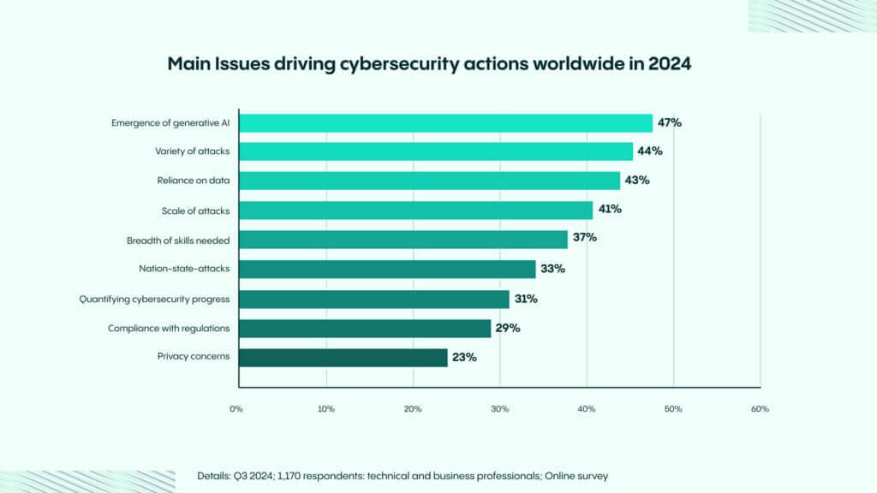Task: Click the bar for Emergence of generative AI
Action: pyautogui.click(x=445, y=123)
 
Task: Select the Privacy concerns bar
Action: pyautogui.click(x=343, y=357)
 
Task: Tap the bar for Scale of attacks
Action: pyautogui.click(x=415, y=211)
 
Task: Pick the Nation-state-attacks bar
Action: pyautogui.click(x=387, y=270)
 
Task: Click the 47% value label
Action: pyautogui.click(x=669, y=122)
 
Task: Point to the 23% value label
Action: pyautogui.click(x=465, y=357)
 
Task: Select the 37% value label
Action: pyautogui.click(x=585, y=237)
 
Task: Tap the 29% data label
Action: pyautogui.click(x=508, y=328)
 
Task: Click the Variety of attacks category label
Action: pyautogui.click(x=192, y=151)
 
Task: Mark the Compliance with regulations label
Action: pyautogui.click(x=169, y=328)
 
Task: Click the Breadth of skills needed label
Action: pyautogui.click(x=178, y=241)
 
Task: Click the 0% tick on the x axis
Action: pyautogui.click(x=236, y=409)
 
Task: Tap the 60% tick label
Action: pyautogui.click(x=760, y=409)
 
